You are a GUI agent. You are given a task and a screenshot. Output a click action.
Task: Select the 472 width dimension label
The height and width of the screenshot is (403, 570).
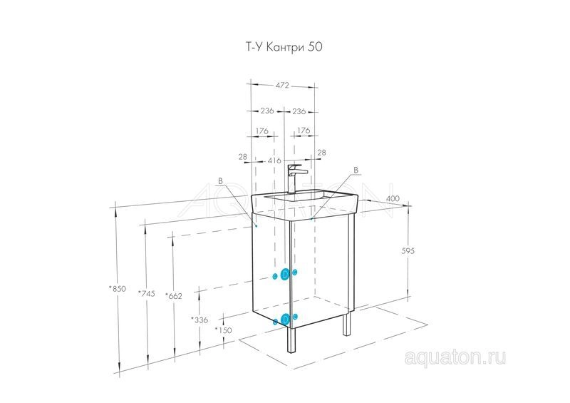282,85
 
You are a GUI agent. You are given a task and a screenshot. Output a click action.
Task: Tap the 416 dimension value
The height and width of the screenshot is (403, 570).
274,160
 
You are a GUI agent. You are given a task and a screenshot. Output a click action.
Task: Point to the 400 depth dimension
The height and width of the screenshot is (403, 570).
393,198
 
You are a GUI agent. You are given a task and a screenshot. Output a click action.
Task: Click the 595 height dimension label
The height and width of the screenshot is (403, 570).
408,251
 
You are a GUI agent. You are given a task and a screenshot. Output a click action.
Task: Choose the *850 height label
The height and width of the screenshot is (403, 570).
117,289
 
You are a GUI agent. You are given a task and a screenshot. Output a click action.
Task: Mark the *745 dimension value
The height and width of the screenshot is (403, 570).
146,293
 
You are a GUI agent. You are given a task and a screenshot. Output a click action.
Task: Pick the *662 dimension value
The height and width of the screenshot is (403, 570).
173,296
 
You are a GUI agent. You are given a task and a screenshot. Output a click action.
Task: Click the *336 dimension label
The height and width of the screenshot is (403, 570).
199,320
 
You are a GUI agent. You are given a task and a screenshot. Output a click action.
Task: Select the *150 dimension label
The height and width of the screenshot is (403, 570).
223,330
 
